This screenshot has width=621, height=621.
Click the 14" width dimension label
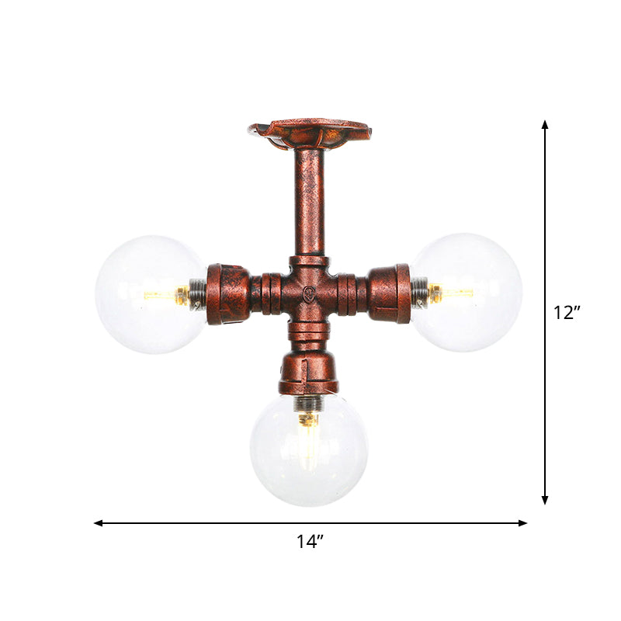(310, 542)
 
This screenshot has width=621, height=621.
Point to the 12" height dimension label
(567, 312)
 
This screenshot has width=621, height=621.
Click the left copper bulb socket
(227, 293)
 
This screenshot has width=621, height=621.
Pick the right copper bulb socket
(390, 293)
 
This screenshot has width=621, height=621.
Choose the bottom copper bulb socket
(309, 373)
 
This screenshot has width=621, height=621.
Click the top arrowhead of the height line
(545, 125)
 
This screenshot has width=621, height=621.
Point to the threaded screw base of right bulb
(419, 292)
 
